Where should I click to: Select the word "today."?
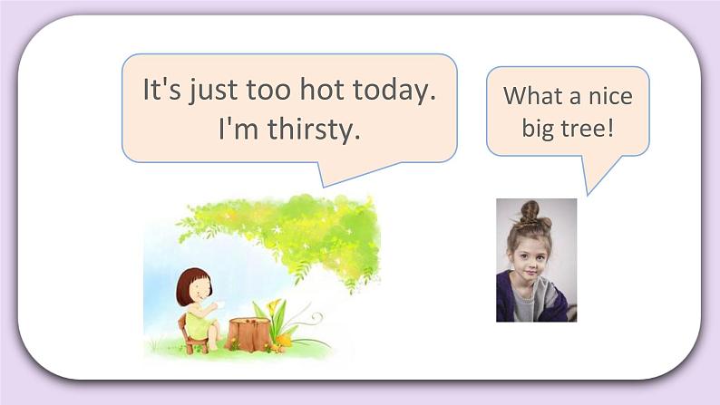pos(392,91)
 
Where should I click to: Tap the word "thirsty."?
pos(314,130)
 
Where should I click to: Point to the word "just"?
pos(213,91)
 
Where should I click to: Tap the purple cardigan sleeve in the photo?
pos(506,302)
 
